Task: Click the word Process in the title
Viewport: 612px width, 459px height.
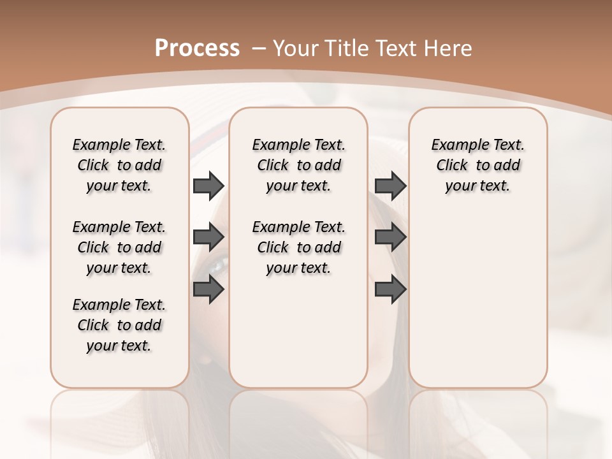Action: click(x=197, y=48)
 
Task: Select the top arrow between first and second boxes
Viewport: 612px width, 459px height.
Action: click(x=208, y=186)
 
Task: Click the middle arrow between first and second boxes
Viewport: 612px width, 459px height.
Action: click(x=208, y=238)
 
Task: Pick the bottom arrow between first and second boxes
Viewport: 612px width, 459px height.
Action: click(x=208, y=289)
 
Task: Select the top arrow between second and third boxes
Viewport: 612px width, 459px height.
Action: click(x=390, y=186)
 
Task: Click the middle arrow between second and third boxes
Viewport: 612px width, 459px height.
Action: click(x=390, y=238)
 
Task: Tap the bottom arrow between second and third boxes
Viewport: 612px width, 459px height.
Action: click(x=390, y=289)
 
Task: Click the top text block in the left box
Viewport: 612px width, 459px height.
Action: click(x=119, y=165)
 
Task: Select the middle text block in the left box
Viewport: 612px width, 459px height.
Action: click(x=119, y=247)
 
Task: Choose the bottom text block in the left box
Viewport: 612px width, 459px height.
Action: click(x=119, y=325)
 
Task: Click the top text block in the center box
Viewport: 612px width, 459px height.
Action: click(x=298, y=165)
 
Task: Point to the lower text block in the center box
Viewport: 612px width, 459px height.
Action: click(x=298, y=247)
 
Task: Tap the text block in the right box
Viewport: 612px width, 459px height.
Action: click(x=477, y=165)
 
